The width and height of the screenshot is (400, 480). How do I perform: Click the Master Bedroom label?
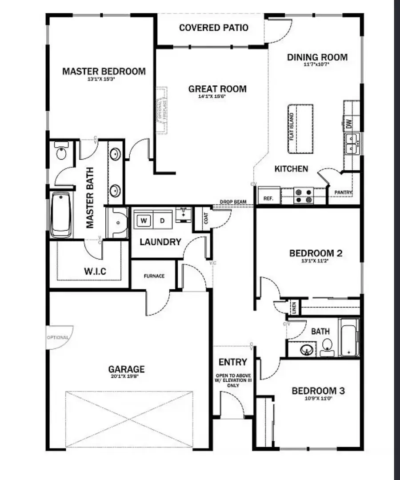click(104, 71)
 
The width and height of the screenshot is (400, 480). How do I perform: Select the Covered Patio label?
click(214, 28)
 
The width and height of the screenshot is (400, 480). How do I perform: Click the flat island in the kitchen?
click(300, 129)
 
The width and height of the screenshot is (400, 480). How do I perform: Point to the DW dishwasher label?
click(349, 125)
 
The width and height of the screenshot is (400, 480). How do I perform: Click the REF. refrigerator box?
click(268, 198)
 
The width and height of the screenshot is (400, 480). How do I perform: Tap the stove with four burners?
click(304, 196)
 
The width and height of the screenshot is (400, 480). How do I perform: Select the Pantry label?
click(343, 192)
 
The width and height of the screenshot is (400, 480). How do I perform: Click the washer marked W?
click(143, 220)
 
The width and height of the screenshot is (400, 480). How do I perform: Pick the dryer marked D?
click(162, 220)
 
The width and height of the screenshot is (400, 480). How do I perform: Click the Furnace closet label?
click(154, 276)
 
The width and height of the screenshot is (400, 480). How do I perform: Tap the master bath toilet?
click(61, 152)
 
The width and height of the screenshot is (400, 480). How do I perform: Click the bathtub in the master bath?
click(60, 214)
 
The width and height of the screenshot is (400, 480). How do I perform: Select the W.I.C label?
click(95, 271)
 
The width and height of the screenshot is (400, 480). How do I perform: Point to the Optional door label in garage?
click(58, 337)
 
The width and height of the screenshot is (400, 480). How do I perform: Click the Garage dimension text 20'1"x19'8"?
click(127, 376)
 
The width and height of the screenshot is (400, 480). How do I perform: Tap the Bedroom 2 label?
click(316, 253)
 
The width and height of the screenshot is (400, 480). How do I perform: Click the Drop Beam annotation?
click(233, 202)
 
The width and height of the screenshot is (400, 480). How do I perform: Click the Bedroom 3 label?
click(318, 391)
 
